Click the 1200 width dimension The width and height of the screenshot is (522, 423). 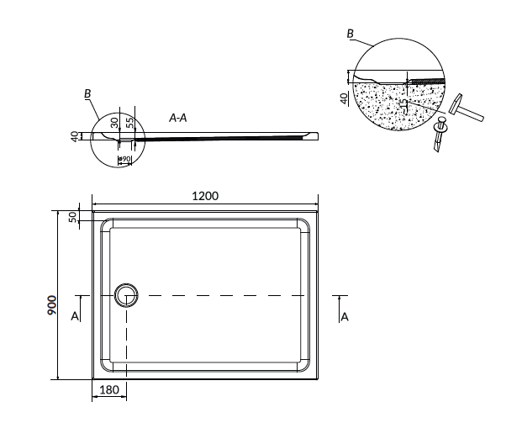(x=205, y=196)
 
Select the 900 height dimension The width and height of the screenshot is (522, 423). (x=53, y=305)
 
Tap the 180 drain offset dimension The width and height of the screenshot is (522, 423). (x=109, y=389)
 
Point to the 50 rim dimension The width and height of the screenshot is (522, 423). (x=72, y=217)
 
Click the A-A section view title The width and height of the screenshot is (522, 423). (x=178, y=118)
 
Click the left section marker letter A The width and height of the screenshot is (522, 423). (x=75, y=315)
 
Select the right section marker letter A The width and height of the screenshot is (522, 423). (x=345, y=316)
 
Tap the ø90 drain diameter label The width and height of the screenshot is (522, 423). (x=124, y=159)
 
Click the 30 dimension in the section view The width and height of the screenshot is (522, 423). (x=115, y=122)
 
